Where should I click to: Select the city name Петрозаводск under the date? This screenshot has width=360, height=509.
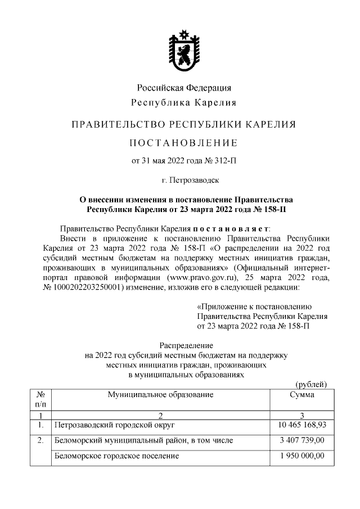point(192,181)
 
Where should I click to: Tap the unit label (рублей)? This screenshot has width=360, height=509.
point(311,384)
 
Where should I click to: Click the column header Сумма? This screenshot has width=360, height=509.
point(302,395)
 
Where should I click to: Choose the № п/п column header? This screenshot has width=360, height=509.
point(40,399)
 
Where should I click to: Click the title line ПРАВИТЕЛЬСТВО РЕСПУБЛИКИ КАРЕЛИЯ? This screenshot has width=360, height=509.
point(184,124)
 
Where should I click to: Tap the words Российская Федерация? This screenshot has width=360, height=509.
point(184,88)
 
